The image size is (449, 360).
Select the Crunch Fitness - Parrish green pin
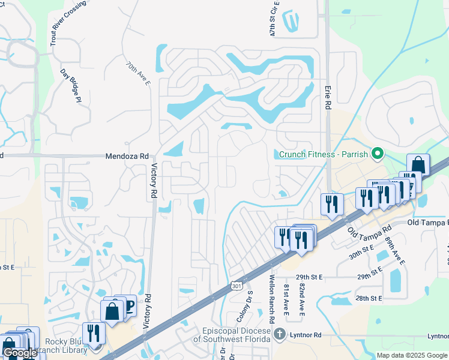click(x=377, y=154)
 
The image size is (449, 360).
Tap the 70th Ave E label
click(x=138, y=73)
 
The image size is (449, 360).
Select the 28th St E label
click(x=369, y=298)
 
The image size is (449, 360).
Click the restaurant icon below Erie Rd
click(x=331, y=203)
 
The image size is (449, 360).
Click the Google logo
click(x=20, y=353)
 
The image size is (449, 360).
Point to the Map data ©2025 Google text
click(x=411, y=355)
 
